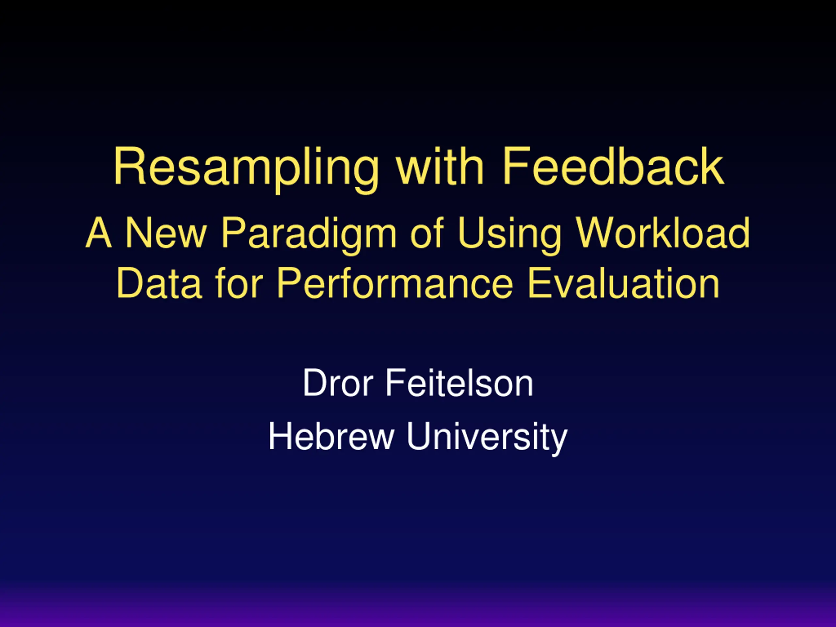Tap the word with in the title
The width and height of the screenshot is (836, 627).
tap(440, 166)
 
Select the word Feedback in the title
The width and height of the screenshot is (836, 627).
tap(613, 166)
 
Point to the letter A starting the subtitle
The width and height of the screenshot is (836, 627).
tap(99, 233)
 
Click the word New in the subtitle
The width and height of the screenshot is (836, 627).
tap(166, 233)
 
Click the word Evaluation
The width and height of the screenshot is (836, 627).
tap(623, 283)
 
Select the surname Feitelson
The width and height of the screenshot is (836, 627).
tap(459, 382)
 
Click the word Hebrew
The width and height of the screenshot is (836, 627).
tap(331, 437)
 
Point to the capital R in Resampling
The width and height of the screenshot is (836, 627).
tap(130, 166)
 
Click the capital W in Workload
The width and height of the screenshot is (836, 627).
tap(596, 233)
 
